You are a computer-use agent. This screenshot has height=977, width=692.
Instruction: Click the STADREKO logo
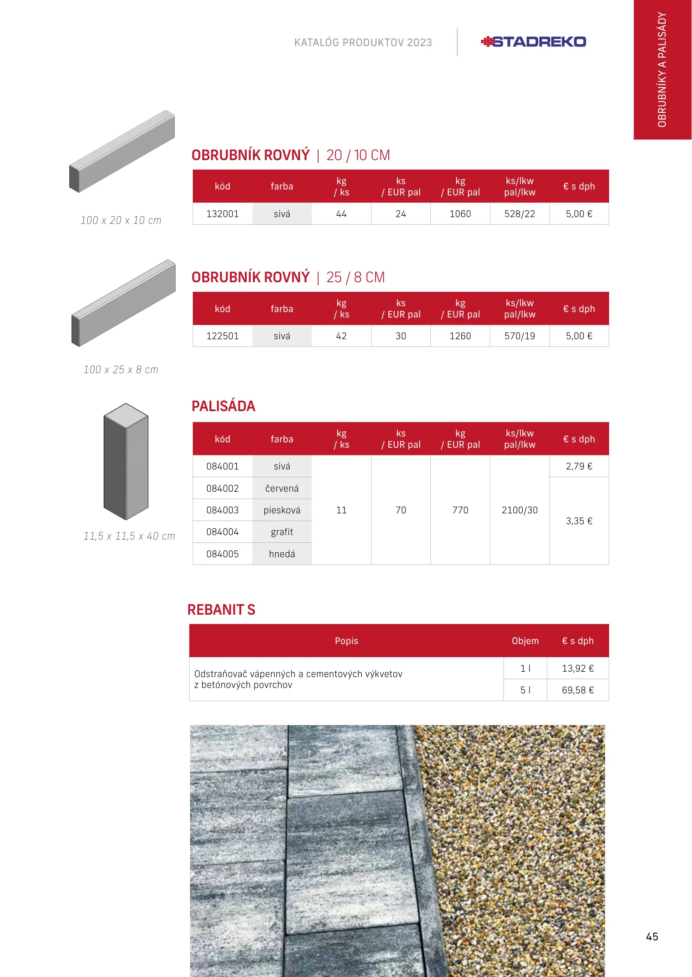pos(533,42)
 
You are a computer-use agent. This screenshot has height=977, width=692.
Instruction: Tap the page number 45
pos(652,936)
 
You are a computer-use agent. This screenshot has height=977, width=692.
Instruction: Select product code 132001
pos(222,214)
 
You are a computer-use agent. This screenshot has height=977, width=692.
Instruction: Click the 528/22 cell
pos(520,214)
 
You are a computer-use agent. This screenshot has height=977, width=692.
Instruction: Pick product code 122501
pos(222,336)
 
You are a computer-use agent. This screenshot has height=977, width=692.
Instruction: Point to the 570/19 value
pos(520,336)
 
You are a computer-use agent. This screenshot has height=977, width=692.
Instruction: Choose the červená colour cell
pos(282,488)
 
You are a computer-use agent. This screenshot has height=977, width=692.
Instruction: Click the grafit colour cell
pos(282,532)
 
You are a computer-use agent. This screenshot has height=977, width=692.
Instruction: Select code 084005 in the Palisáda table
pos(222,554)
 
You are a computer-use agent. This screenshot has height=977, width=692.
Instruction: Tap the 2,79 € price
pos(579,466)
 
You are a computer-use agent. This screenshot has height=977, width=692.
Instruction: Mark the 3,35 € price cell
pos(579,521)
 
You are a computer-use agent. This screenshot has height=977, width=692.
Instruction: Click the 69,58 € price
pos(577,690)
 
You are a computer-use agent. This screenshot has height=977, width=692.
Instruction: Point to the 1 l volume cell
pos(525,669)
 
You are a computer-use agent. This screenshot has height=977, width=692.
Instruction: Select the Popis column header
pos(346,641)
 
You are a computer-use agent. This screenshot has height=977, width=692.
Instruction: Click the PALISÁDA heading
pos(224,406)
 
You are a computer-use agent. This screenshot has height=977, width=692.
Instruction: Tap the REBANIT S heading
pos(221,610)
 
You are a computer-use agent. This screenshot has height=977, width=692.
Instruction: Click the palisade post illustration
pos(126,461)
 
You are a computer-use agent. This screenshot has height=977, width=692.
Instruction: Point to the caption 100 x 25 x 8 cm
pos(121,370)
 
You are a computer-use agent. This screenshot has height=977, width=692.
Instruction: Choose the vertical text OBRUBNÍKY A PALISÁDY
pos(662,70)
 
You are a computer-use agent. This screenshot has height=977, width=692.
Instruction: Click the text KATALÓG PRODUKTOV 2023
pos(363,43)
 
